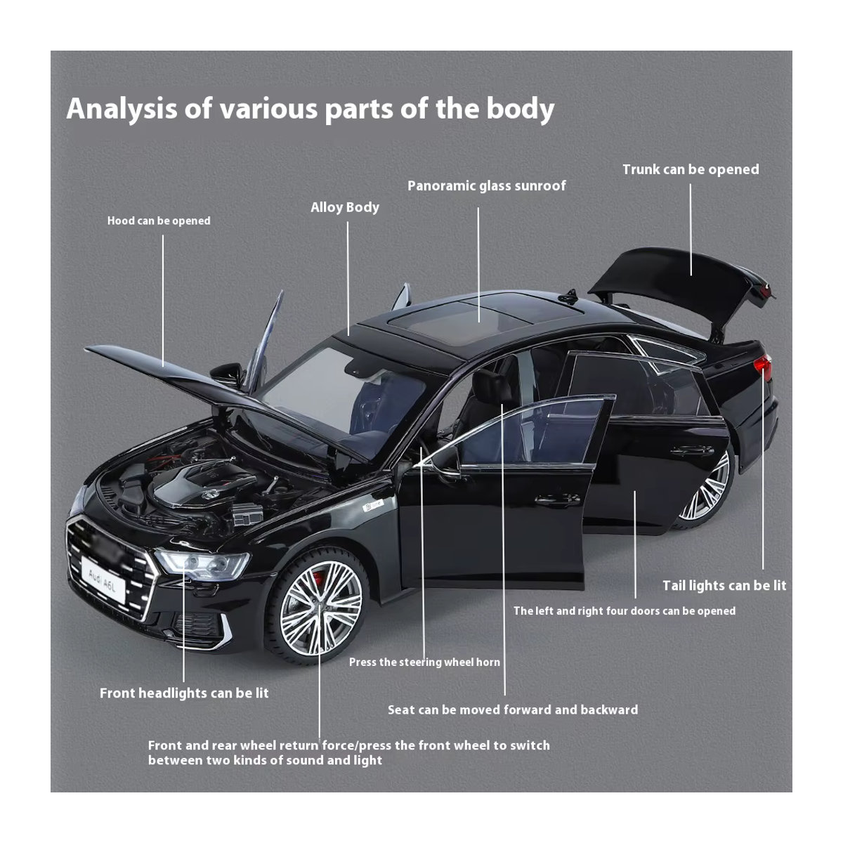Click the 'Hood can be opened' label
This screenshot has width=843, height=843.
click(x=159, y=221)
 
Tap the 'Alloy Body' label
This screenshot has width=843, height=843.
click(x=345, y=207)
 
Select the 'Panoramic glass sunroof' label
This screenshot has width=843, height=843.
click(x=486, y=186)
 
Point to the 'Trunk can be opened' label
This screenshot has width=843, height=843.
click(x=691, y=169)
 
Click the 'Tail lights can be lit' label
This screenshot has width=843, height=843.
click(x=724, y=585)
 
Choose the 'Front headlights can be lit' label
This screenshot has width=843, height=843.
click(x=184, y=693)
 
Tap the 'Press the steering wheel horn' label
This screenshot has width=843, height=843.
click(x=424, y=662)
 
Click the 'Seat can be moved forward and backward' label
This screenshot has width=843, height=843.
click(x=513, y=710)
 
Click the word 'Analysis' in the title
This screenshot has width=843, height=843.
click(x=122, y=109)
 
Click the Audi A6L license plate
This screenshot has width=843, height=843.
click(x=103, y=579)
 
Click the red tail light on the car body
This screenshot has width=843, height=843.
click(x=762, y=366)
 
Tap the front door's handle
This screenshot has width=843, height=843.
click(x=556, y=500)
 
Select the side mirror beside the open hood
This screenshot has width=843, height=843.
click(x=227, y=374)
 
